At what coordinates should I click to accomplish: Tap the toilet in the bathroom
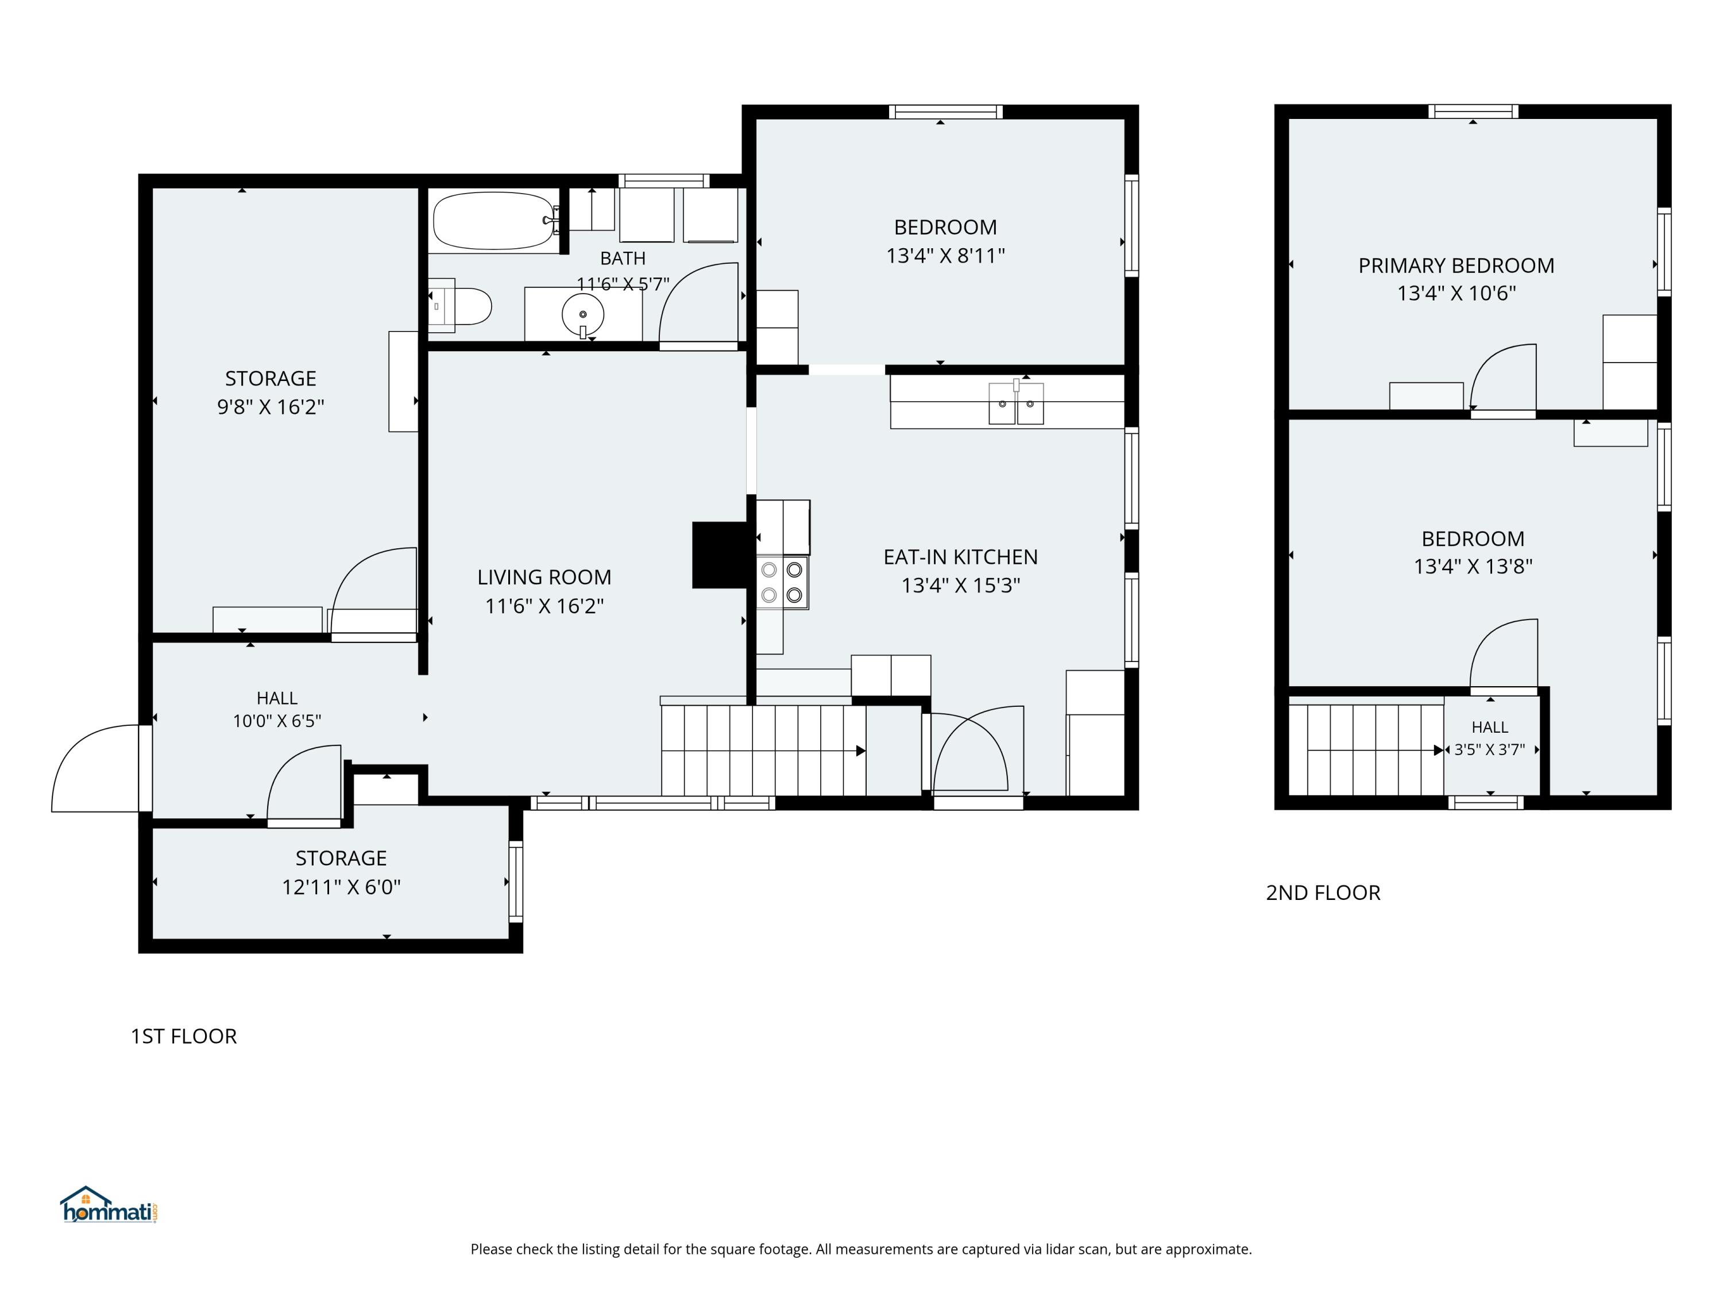pyautogui.click(x=461, y=307)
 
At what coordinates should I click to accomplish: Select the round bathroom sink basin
pyautogui.click(x=582, y=315)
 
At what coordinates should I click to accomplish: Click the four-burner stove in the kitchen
pyautogui.click(x=782, y=582)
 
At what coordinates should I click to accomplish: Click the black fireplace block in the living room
pyautogui.click(x=719, y=555)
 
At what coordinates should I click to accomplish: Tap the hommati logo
pyautogui.click(x=109, y=1205)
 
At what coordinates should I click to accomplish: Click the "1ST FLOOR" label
pyautogui.click(x=184, y=1036)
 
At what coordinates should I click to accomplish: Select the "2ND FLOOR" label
pyautogui.click(x=1323, y=892)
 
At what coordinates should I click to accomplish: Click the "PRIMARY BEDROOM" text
pyautogui.click(x=1456, y=265)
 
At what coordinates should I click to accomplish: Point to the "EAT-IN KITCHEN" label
pyautogui.click(x=960, y=557)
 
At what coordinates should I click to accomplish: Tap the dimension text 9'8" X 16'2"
pyautogui.click(x=271, y=407)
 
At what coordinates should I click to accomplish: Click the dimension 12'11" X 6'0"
pyautogui.click(x=341, y=887)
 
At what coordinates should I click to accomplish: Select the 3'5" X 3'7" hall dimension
pyautogui.click(x=1489, y=750)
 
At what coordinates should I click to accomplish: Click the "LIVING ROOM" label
pyautogui.click(x=544, y=578)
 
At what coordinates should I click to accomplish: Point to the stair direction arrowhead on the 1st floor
pyautogui.click(x=861, y=751)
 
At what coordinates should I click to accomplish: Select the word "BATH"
pyautogui.click(x=623, y=258)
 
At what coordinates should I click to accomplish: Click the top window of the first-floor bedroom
pyautogui.click(x=945, y=111)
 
